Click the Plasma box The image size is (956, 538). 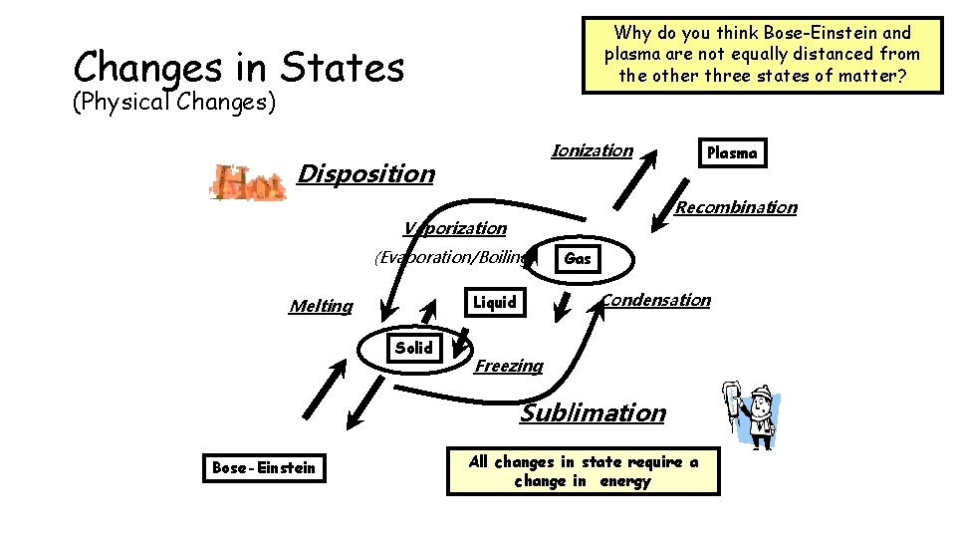[x=732, y=152]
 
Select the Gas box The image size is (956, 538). [x=578, y=259]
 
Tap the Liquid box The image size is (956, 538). [x=495, y=302]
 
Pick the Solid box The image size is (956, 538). [x=413, y=348]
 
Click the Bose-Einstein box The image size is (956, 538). [x=264, y=467]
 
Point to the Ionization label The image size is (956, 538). [x=592, y=150]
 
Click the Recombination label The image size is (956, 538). [x=736, y=207]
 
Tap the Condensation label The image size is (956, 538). [x=656, y=300]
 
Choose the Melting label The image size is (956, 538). [x=321, y=306]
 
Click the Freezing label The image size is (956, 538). [x=509, y=366]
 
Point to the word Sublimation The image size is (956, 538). [x=593, y=412]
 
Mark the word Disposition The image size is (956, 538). [x=366, y=173]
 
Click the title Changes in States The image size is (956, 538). [x=239, y=67]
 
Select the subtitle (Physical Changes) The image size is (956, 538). [x=174, y=102]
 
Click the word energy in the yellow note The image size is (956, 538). [x=625, y=481]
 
